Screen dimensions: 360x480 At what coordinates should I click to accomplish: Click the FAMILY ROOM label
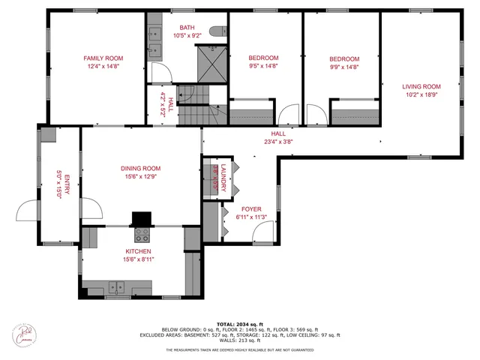pos(103,58)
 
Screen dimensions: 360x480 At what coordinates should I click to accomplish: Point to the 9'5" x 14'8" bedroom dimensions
pos(263,66)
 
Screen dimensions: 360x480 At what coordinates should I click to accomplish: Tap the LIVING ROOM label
pos(421,86)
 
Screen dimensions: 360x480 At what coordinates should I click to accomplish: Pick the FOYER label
pos(251,210)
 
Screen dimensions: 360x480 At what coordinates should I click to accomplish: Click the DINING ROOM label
pos(141,168)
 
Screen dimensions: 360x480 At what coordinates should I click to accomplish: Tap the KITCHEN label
pos(138,251)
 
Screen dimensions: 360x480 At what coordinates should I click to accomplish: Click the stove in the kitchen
pos(141,235)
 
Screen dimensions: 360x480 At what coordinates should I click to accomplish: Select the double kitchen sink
pos(116,286)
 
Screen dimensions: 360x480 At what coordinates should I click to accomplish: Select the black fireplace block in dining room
pos(140,218)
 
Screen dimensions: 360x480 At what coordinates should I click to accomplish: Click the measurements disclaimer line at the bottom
pos(239,349)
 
